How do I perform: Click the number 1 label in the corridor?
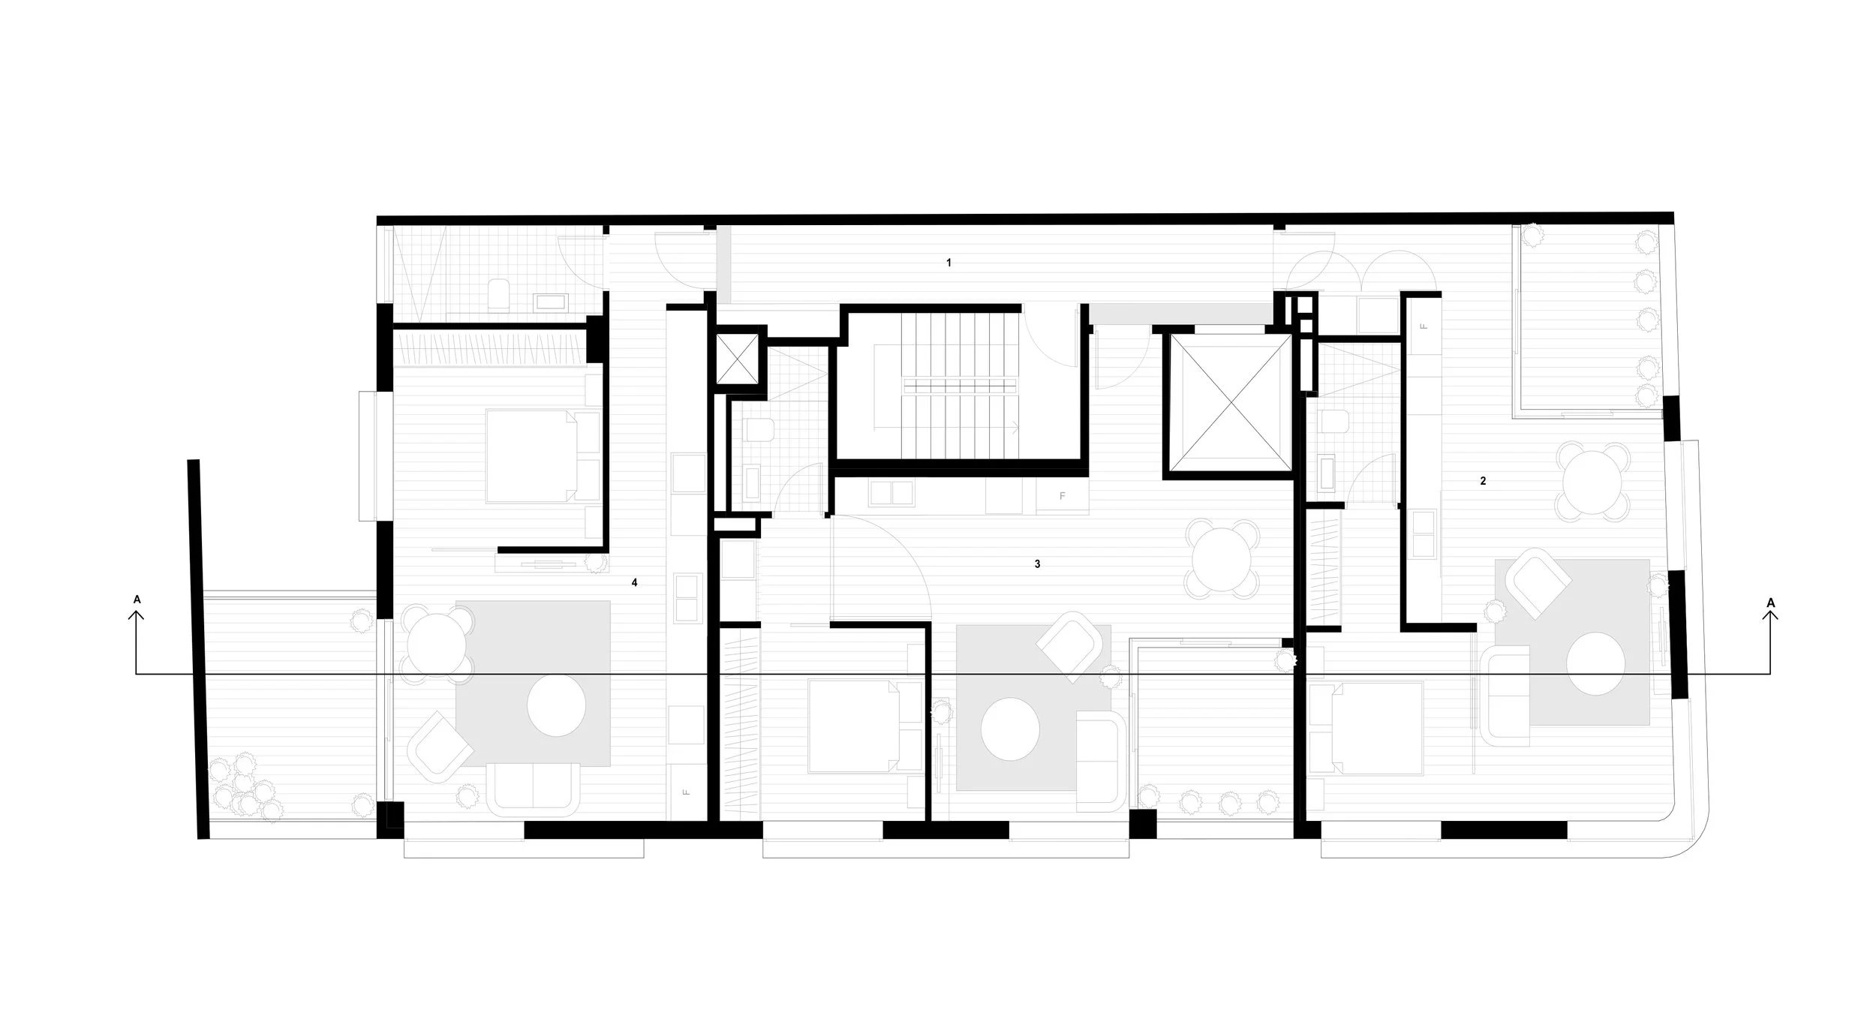(949, 263)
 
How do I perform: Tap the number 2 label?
(1483, 481)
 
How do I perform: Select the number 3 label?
(1037, 564)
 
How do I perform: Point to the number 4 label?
(634, 582)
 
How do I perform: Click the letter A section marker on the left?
(137, 600)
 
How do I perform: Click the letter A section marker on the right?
(1771, 602)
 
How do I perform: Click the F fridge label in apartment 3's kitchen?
(1062, 497)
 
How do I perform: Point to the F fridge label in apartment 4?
(686, 792)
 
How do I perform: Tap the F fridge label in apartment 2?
(1424, 326)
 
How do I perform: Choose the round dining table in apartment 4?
(438, 642)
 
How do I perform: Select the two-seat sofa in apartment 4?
(534, 789)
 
